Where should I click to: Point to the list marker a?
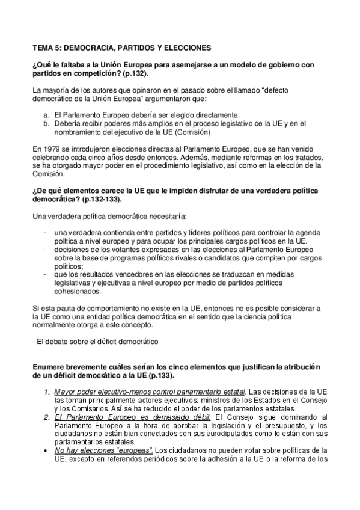tap(46, 115)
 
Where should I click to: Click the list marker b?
tap(46, 123)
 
